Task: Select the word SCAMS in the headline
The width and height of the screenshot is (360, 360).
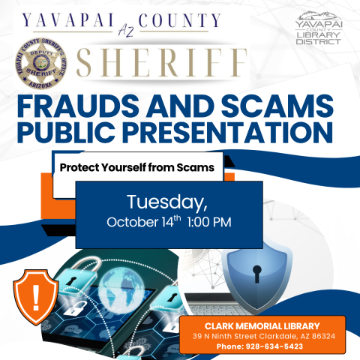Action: click(x=290, y=105)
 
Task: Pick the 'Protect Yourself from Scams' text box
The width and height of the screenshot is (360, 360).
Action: click(x=136, y=166)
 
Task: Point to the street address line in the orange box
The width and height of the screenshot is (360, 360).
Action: click(x=262, y=336)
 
